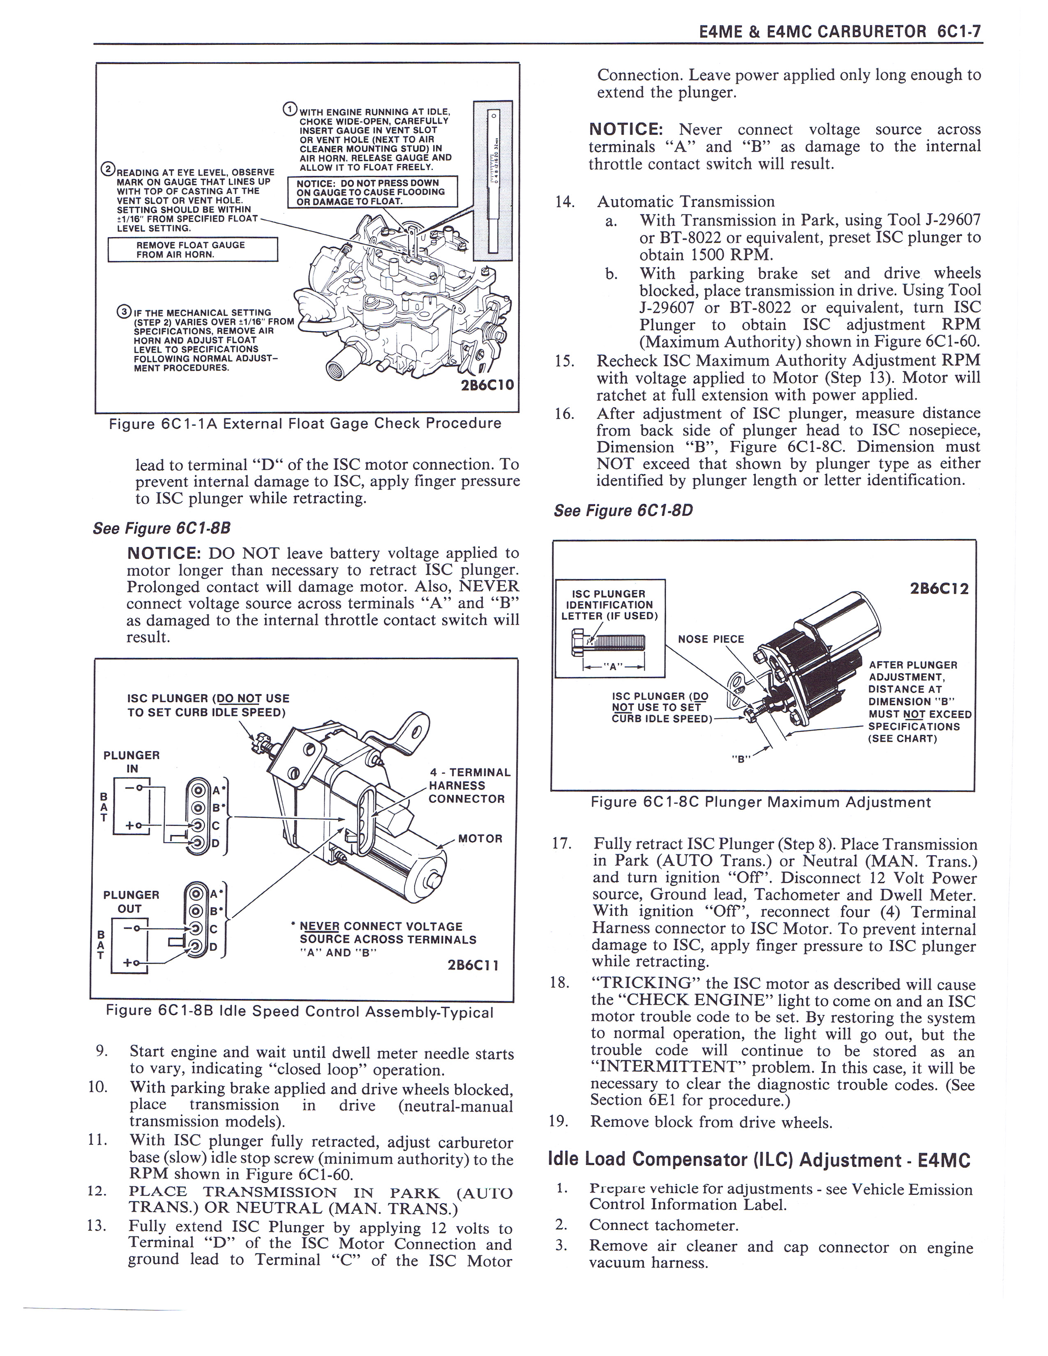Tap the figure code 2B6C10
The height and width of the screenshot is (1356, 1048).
(487, 384)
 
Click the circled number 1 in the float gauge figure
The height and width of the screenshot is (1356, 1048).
(290, 111)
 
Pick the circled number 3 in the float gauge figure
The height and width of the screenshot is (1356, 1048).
(124, 312)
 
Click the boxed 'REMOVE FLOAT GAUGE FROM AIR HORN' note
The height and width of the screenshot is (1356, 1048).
(192, 249)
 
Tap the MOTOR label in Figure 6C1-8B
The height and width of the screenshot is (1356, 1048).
(480, 838)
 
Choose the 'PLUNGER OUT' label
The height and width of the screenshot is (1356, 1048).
(131, 902)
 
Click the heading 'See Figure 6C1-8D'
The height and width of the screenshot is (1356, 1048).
(623, 510)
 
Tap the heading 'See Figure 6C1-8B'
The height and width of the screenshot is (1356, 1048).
(162, 528)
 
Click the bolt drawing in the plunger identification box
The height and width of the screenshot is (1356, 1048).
(608, 641)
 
